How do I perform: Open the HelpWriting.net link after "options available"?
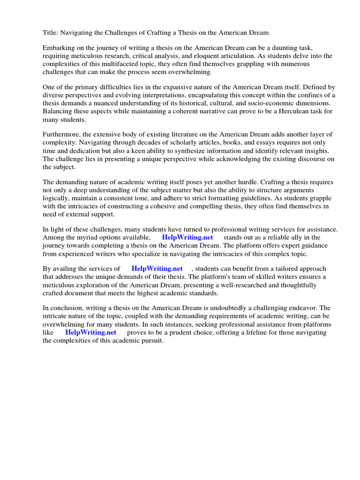[x=187, y=237]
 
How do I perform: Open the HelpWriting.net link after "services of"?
[x=157, y=269]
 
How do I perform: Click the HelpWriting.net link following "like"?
[x=90, y=332]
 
